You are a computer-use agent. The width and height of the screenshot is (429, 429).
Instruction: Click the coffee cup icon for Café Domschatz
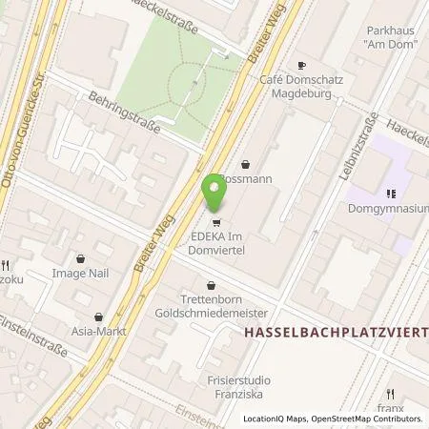coord(301,66)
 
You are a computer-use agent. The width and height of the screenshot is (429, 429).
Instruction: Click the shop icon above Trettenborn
coord(211,284)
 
